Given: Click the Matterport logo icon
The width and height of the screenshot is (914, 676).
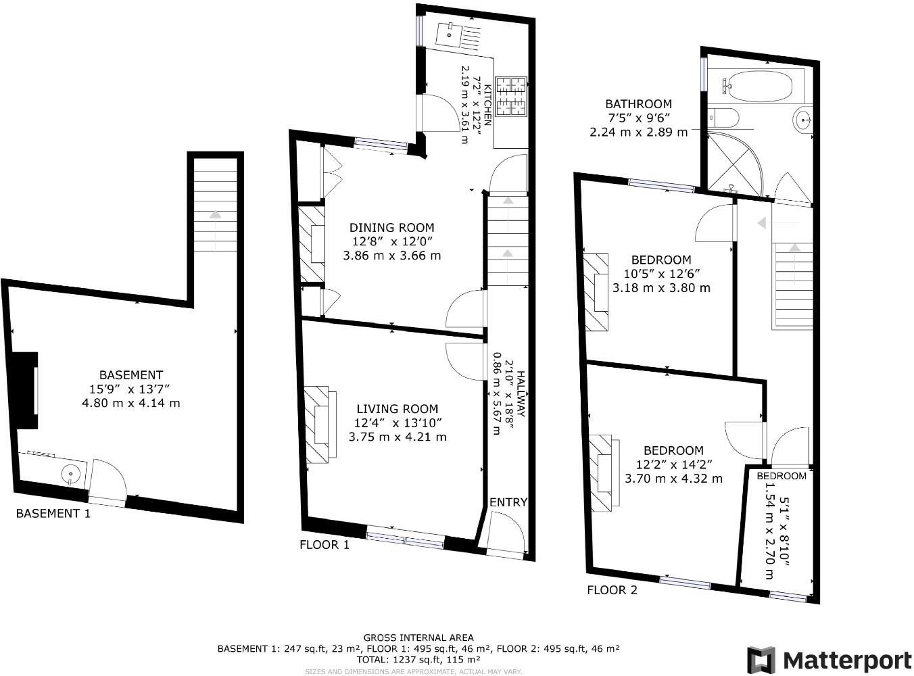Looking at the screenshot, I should pyautogui.click(x=761, y=660).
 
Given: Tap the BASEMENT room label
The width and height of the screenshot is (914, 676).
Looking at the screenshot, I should pyautogui.click(x=131, y=375).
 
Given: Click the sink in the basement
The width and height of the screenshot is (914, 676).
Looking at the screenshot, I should pyautogui.click(x=70, y=474).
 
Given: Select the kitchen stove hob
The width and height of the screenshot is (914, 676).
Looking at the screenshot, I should pyautogui.click(x=511, y=96).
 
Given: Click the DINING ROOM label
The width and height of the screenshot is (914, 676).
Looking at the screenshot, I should pyautogui.click(x=391, y=228).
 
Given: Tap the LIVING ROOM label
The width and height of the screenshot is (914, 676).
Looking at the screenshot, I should pyautogui.click(x=397, y=409).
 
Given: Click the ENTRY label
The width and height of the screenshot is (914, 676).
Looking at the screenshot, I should pyautogui.click(x=508, y=502).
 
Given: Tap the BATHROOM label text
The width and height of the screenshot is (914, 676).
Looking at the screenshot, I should pyautogui.click(x=638, y=104).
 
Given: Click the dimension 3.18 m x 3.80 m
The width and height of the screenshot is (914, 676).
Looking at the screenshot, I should pyautogui.click(x=661, y=288).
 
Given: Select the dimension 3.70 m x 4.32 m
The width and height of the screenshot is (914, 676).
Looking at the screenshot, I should pyautogui.click(x=673, y=479).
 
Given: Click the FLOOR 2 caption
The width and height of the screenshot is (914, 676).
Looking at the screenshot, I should pyautogui.click(x=612, y=590).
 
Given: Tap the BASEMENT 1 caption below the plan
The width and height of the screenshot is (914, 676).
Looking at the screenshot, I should pyautogui.click(x=53, y=514).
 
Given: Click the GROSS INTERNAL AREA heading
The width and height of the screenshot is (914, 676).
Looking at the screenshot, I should pyautogui.click(x=418, y=637).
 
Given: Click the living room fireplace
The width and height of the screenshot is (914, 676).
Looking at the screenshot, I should pyautogui.click(x=320, y=425).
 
